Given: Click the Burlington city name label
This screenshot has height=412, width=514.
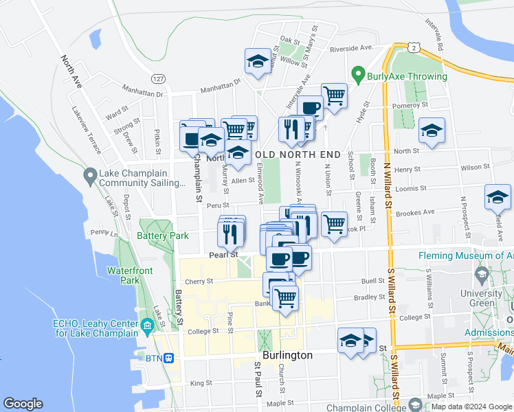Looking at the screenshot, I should coord(283,355).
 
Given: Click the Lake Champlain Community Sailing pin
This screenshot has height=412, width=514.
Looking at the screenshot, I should coord(89,177).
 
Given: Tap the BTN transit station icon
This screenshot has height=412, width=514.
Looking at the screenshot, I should coord(169,358).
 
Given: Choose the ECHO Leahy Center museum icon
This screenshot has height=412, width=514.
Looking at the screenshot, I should coord(146,324).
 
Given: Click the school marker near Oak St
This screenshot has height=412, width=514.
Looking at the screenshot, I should coord(258,60).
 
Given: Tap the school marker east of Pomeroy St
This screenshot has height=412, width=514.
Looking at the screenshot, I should coord(431,130).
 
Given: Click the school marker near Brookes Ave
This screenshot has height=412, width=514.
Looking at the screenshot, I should coord(498,197).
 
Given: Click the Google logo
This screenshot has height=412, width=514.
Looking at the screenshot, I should coord(23,404).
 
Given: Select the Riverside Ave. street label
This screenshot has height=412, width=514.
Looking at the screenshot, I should coord(351,48).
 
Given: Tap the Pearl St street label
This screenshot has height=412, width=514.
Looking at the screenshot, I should coord(223,254).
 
